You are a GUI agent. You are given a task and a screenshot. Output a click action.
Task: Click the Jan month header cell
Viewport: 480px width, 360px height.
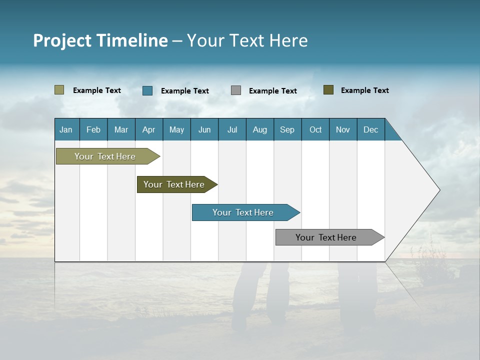[x=66, y=129]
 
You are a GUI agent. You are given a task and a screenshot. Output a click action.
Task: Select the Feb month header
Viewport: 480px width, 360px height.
[x=93, y=129]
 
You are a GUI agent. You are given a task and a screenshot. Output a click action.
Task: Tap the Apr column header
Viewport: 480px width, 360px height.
[x=149, y=129]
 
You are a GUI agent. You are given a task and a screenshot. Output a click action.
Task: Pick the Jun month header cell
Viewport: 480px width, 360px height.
[x=204, y=129]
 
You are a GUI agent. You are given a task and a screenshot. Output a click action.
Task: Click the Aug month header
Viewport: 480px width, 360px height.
[x=260, y=129]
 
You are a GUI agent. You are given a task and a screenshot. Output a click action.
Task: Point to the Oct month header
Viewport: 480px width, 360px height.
[x=315, y=129]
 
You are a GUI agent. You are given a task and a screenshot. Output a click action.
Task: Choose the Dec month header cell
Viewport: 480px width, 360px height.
[x=371, y=129]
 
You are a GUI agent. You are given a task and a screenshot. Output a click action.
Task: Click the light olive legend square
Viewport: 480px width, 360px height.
[x=59, y=90]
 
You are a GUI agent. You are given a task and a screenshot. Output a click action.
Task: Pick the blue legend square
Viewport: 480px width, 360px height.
[x=147, y=90]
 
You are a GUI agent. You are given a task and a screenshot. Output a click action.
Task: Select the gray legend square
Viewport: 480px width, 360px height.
[x=236, y=90]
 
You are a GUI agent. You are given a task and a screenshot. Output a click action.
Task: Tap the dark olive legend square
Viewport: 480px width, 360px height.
[x=328, y=90]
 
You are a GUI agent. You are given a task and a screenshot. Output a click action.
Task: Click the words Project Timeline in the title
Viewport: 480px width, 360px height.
[x=100, y=40]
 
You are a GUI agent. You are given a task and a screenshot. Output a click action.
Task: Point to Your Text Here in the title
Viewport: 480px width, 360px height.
[x=247, y=40]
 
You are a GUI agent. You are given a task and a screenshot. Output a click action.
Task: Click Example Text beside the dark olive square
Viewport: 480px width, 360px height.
[x=364, y=90]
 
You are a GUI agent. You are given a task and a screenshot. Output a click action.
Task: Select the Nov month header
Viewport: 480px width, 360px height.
[x=343, y=129]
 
